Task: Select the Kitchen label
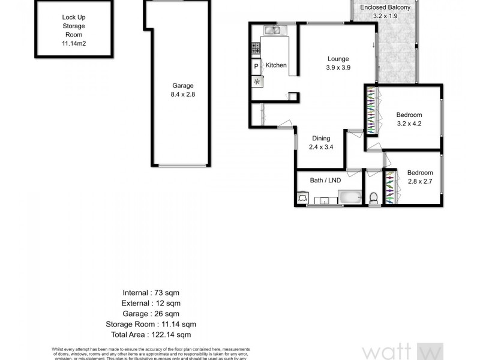(x=276, y=65)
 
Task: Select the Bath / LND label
(x=326, y=181)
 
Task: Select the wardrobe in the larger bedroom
(x=372, y=111)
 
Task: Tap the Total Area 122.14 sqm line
(x=157, y=334)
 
